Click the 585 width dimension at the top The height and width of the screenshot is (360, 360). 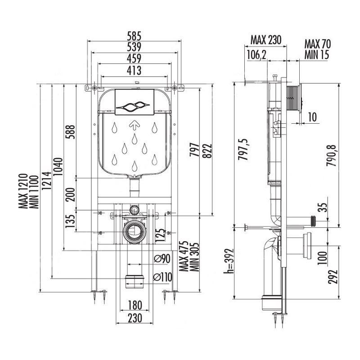(x=134, y=36)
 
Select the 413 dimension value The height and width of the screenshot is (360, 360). (x=134, y=71)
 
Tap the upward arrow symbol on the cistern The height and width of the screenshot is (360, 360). (x=134, y=126)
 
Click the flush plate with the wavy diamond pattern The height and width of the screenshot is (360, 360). (x=134, y=102)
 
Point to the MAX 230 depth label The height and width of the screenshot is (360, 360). (x=265, y=40)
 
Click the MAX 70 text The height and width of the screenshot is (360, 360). (x=318, y=44)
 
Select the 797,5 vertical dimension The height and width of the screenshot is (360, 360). (x=243, y=149)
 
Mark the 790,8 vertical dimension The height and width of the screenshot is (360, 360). (x=331, y=156)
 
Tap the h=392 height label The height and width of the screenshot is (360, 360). (x=229, y=261)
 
